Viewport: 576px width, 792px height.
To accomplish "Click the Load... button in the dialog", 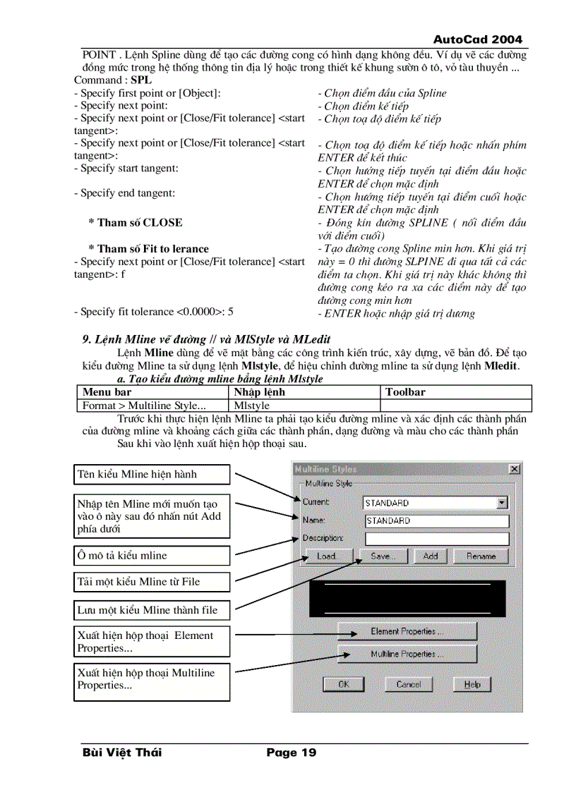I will pos(326,556).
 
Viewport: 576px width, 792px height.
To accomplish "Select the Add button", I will pos(430,556).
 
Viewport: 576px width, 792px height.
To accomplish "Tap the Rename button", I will pos(481,556).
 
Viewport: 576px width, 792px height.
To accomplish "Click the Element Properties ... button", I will pos(407,631).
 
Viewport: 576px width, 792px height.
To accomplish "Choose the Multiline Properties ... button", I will pos(407,654).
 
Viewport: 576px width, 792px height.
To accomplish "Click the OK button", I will pos(343,684).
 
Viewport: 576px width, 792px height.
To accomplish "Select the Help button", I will pos(472,684).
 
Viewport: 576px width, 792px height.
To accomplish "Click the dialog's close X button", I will pos(515,469).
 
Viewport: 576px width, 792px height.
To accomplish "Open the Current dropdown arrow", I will pos(502,503).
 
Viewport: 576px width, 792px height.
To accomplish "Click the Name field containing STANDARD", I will pos(436,520).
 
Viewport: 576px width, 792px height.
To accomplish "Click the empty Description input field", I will pos(436,538).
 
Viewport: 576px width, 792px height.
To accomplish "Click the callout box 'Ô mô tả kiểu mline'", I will pos(152,556).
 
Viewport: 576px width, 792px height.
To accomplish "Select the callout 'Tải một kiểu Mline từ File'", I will pos(152,582).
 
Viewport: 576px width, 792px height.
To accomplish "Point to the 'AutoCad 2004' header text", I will pos(478,39).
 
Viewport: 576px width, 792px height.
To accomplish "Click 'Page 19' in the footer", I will pos(291,753).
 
